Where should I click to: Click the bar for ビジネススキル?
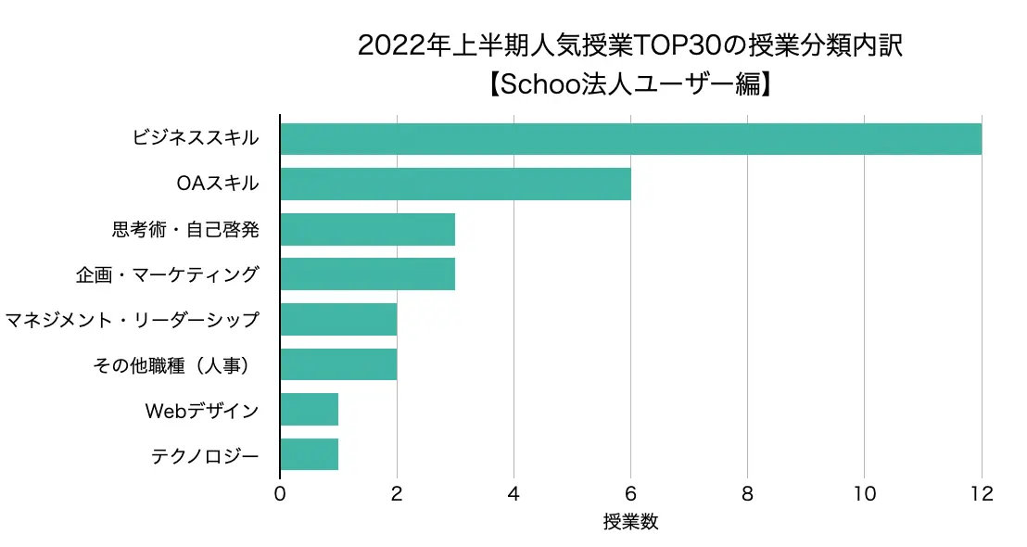[630, 139]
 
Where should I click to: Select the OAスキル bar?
[455, 184]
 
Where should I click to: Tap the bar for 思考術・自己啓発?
[367, 229]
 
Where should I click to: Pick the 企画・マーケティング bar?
[367, 274]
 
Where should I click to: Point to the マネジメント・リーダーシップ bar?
[338, 319]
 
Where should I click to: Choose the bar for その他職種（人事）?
[338, 364]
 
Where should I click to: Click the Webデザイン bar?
[309, 409]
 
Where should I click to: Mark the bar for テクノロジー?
[309, 454]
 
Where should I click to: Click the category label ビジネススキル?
[195, 139]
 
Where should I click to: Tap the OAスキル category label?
[217, 184]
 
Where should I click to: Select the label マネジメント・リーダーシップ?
[132, 320]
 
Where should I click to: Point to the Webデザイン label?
[202, 410]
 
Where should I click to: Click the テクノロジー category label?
[204, 455]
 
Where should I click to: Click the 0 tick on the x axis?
[280, 494]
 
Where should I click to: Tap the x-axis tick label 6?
[630, 494]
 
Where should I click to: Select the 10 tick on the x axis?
[864, 494]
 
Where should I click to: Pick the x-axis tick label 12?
[981, 494]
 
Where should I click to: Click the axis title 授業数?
[630, 522]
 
